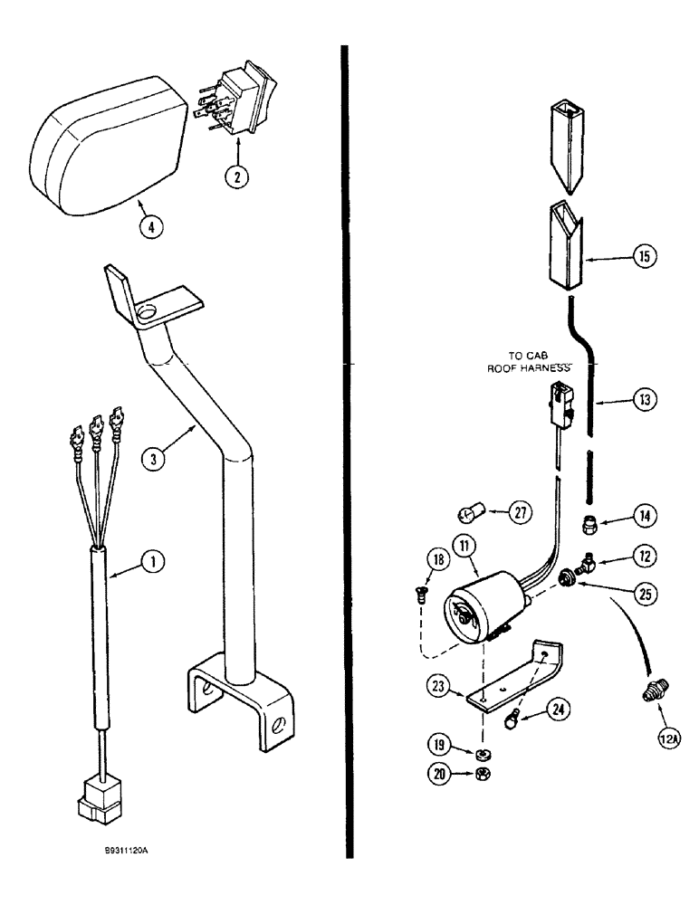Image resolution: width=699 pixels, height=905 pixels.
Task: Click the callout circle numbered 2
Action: pos(235,176)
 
